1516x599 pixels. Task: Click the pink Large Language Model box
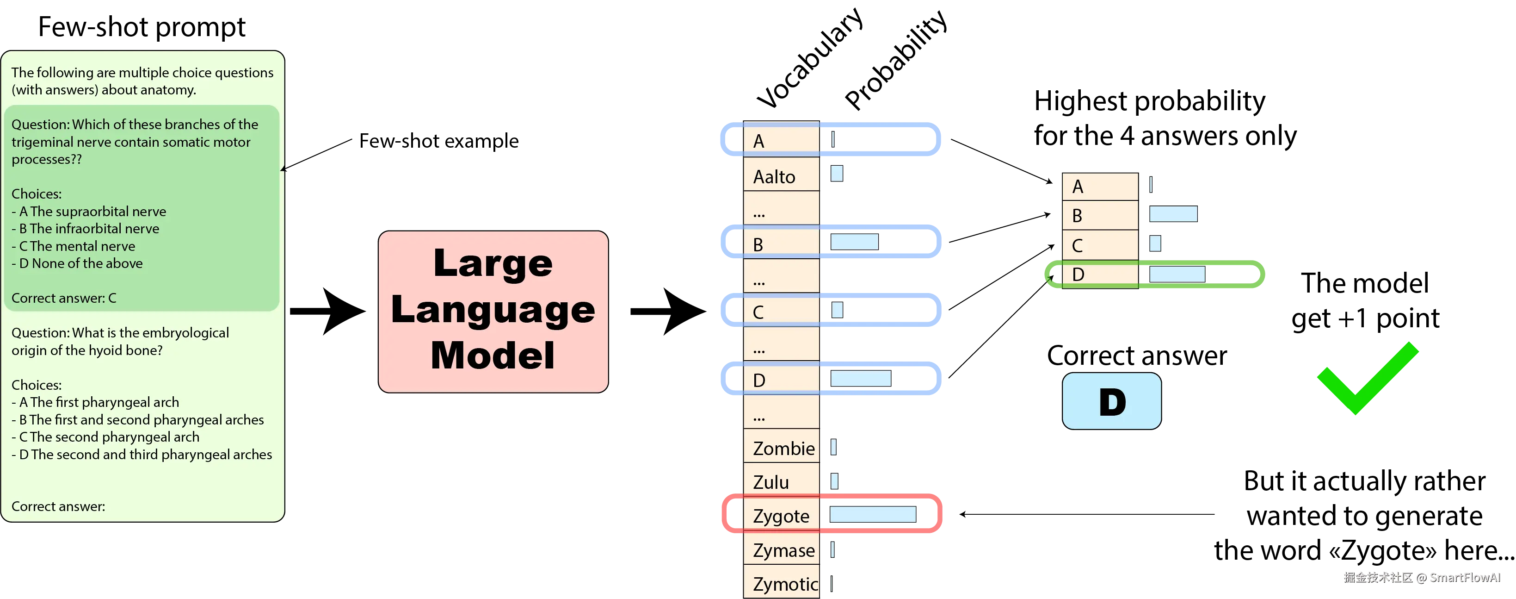pos(493,311)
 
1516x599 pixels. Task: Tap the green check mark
pos(1367,380)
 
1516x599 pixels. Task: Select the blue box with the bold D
pos(1111,401)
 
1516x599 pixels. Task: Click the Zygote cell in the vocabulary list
pos(781,515)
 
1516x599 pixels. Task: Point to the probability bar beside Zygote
pos(872,514)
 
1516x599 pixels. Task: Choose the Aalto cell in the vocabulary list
pos(781,176)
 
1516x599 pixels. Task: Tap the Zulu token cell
pos(781,482)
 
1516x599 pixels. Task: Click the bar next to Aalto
pos(836,173)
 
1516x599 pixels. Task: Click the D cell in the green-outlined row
pos(1099,275)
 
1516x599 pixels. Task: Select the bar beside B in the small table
pos(1173,213)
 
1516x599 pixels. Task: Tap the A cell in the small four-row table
pos(1099,186)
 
